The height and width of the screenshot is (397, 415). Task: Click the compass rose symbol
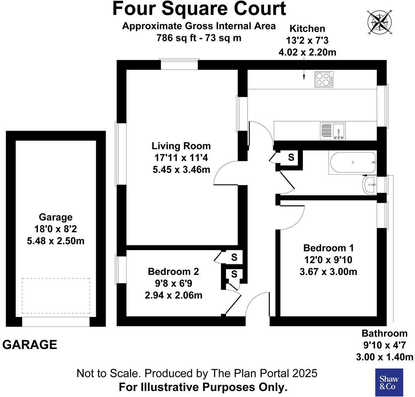tap(378, 21)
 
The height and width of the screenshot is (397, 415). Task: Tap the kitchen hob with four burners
tap(323, 80)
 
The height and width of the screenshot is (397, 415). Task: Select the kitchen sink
tap(333, 130)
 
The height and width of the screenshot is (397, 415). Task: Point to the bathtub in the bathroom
tap(352, 163)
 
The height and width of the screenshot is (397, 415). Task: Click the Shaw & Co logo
tap(388, 382)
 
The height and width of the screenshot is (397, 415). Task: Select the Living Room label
tap(181, 146)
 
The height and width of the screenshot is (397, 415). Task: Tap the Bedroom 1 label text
tap(328, 248)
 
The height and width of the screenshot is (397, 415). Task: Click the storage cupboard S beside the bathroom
tap(291, 157)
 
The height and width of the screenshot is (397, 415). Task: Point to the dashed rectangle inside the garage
tap(56, 295)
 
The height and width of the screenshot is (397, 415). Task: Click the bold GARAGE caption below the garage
tap(30, 345)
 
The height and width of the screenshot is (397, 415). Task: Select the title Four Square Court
tap(199, 9)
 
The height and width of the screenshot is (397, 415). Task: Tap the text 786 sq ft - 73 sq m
tap(199, 38)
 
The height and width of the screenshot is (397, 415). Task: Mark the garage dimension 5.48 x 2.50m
tap(56, 241)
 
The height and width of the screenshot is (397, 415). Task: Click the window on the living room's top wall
tap(179, 64)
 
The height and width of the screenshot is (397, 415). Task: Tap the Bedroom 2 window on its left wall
tap(121, 270)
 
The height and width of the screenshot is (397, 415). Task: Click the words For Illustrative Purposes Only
tap(203, 387)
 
